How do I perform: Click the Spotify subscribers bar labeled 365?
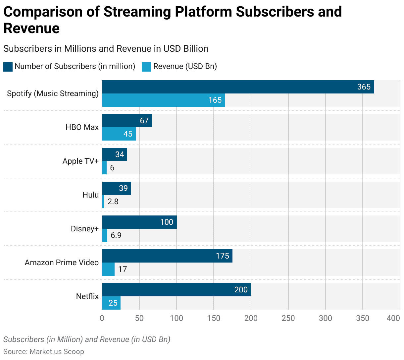(x=238, y=87)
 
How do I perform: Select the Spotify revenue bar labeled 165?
(x=164, y=100)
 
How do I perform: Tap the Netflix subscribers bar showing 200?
(x=176, y=290)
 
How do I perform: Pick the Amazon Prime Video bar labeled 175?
(x=167, y=256)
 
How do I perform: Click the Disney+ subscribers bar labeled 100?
(x=139, y=222)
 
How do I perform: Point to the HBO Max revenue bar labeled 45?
(x=119, y=134)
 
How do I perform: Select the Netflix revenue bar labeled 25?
(x=111, y=303)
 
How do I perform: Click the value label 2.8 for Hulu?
(x=113, y=202)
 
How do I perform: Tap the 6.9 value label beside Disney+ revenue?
(x=116, y=235)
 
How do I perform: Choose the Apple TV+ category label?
(x=80, y=161)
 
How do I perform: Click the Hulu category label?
(x=90, y=195)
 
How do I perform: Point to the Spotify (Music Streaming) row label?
(x=53, y=93)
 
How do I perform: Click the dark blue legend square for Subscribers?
(x=8, y=67)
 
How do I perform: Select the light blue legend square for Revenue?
(x=146, y=67)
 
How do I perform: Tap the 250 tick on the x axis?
(x=288, y=318)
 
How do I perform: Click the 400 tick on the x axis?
(x=393, y=318)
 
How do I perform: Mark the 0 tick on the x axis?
(x=102, y=318)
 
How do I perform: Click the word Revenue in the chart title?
(x=31, y=28)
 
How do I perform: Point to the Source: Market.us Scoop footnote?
(x=44, y=351)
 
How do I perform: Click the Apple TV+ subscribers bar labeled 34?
(x=114, y=154)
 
